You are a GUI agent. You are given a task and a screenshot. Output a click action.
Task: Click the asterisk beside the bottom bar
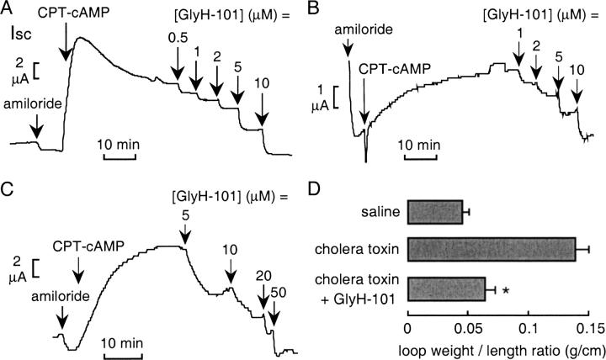pos(505,291)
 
